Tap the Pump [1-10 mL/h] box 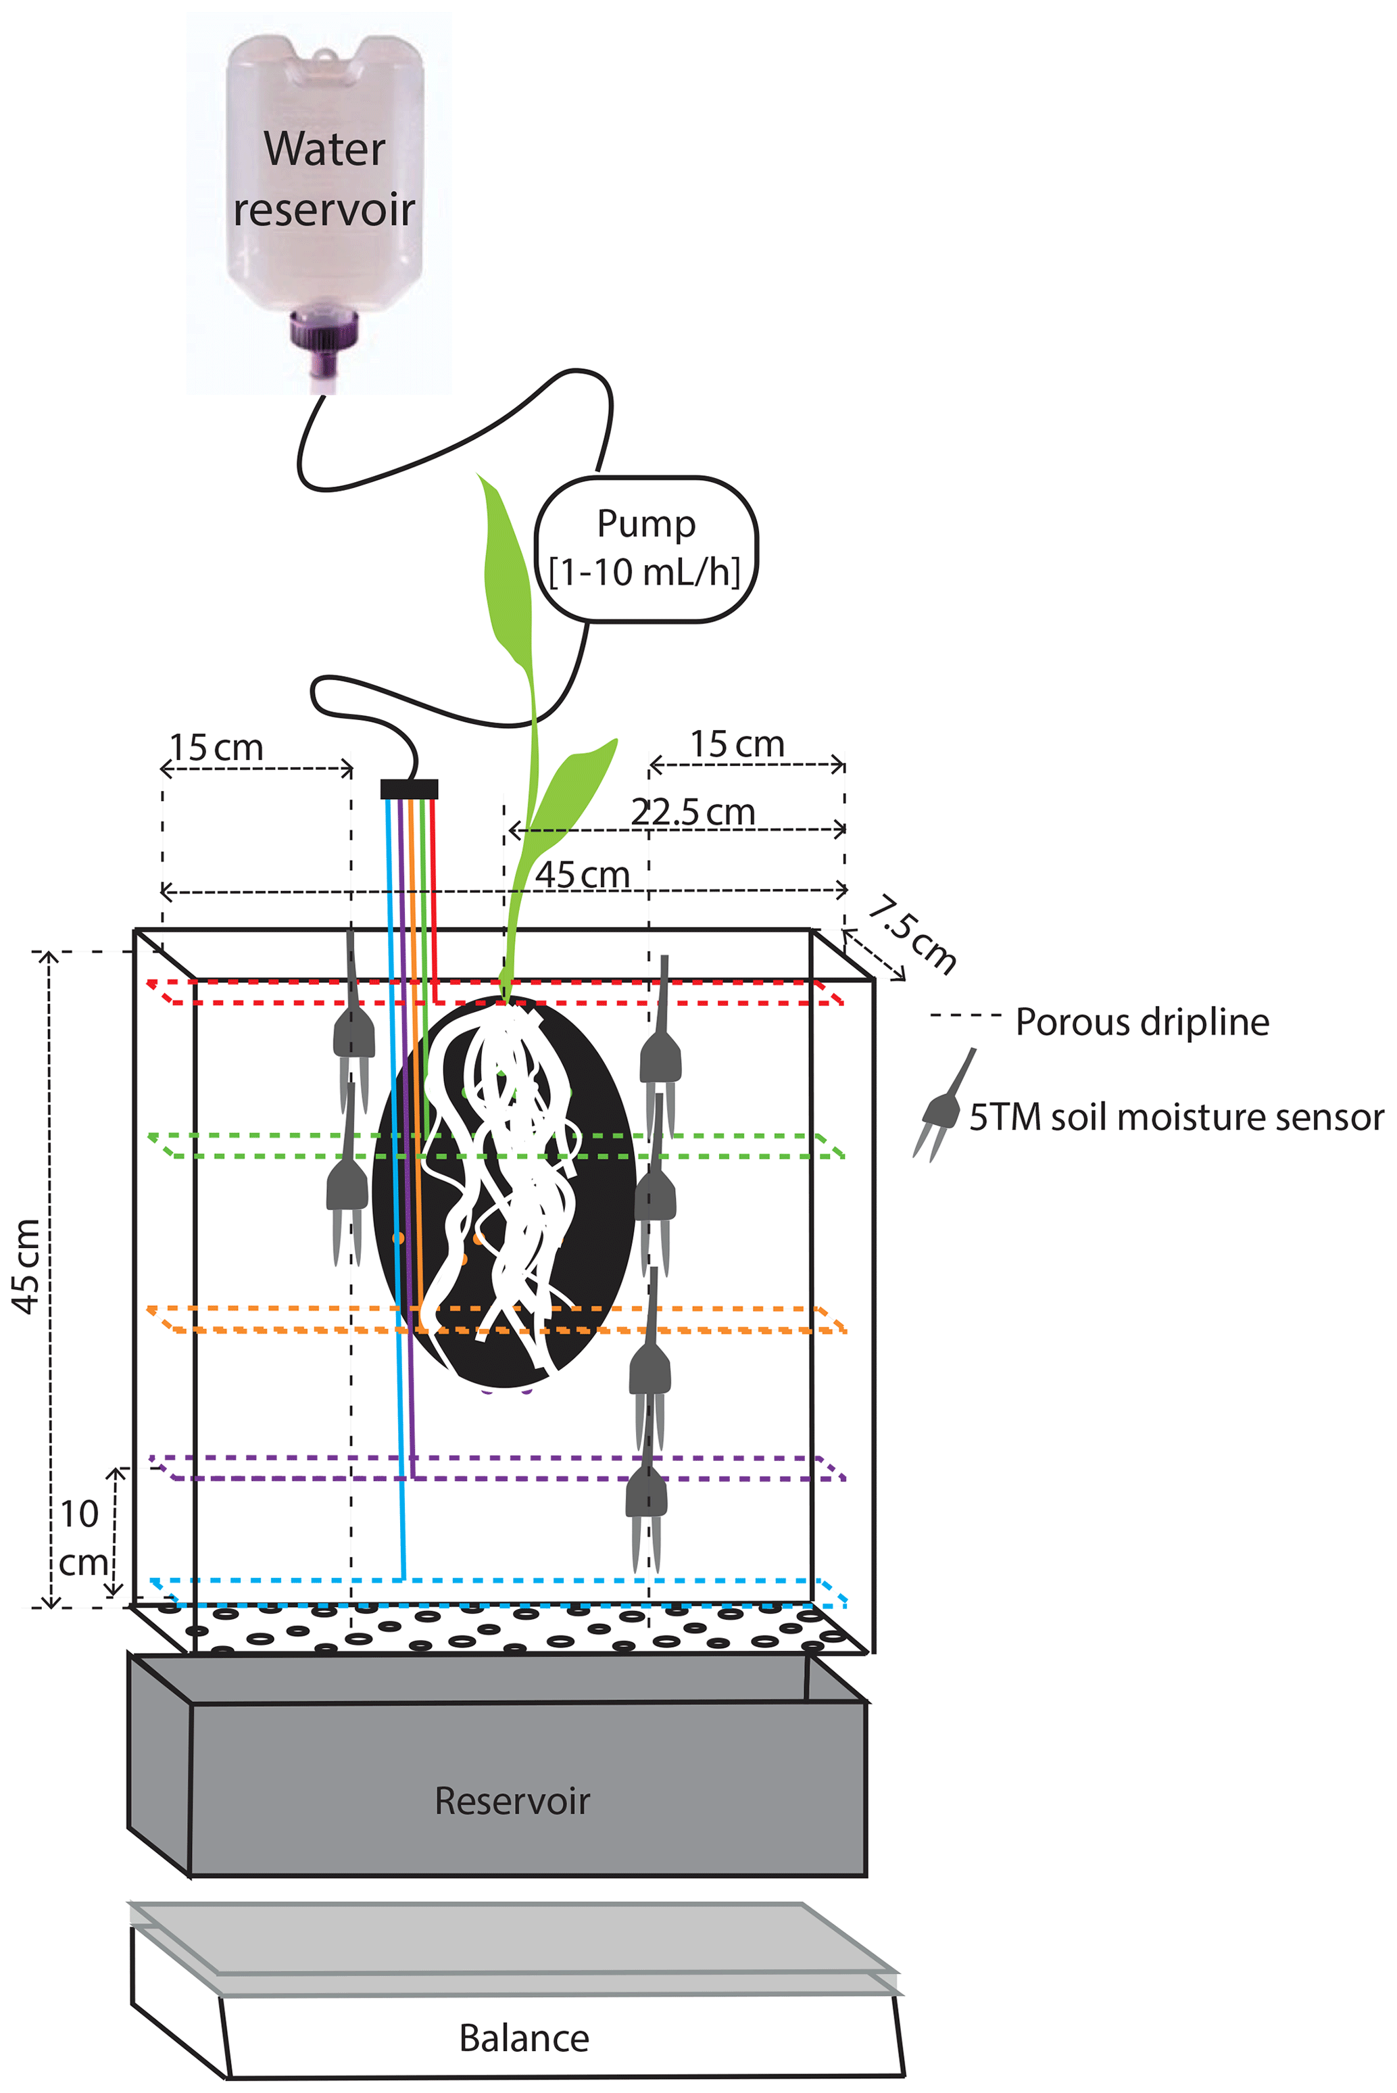(646, 549)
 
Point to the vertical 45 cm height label (27, 1266)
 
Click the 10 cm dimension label (82, 1537)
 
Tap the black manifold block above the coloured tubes (409, 788)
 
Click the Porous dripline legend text (1142, 1022)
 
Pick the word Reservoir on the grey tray (512, 1801)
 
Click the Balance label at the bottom (524, 2038)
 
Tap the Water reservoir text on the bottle (324, 179)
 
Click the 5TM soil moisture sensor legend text (1176, 1116)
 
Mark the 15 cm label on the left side (216, 746)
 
